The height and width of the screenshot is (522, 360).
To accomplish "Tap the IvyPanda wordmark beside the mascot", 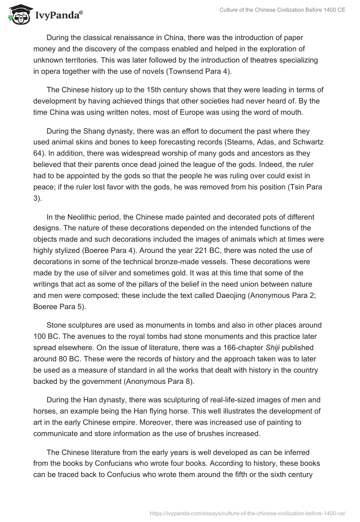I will pyautogui.click(x=58, y=16).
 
